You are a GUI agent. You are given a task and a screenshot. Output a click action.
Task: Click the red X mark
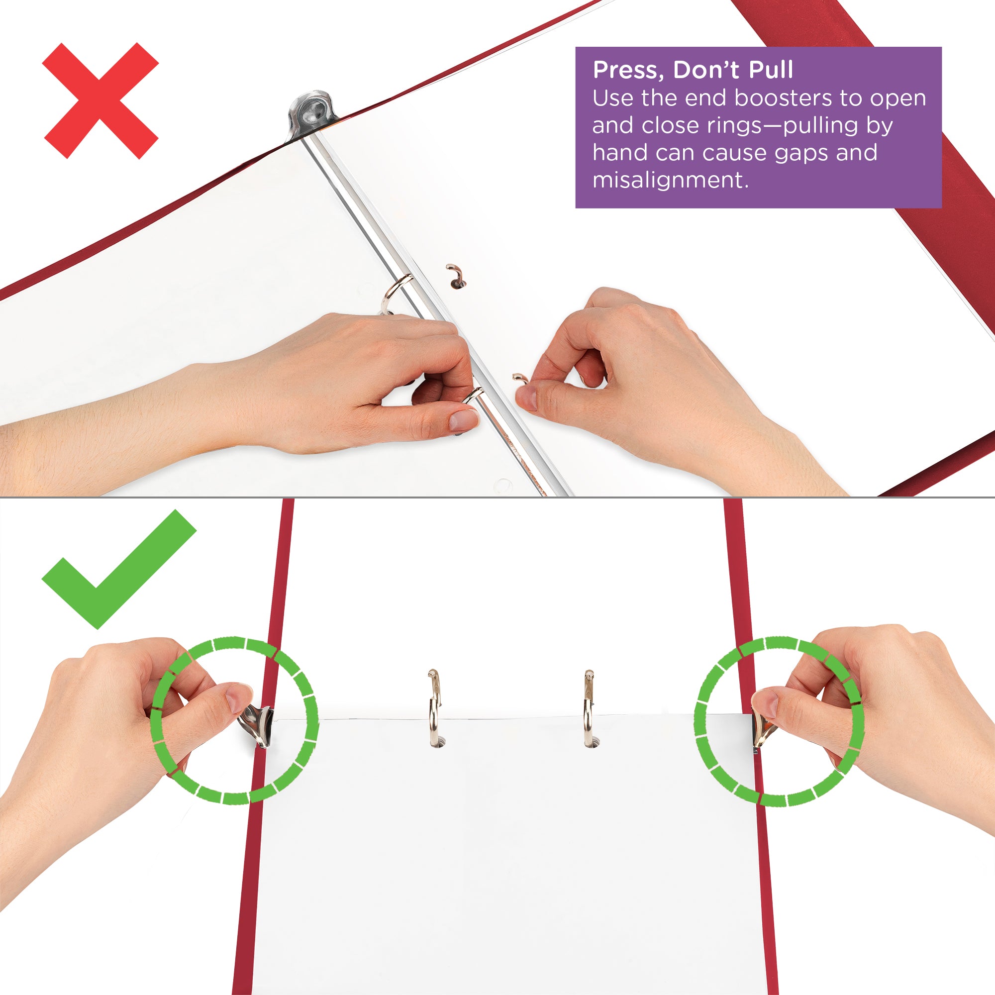(x=101, y=101)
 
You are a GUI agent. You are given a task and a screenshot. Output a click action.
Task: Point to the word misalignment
(x=670, y=180)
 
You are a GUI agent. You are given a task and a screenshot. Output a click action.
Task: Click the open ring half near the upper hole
(x=455, y=275)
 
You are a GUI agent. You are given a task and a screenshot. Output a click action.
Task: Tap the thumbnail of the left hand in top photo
(x=463, y=420)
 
